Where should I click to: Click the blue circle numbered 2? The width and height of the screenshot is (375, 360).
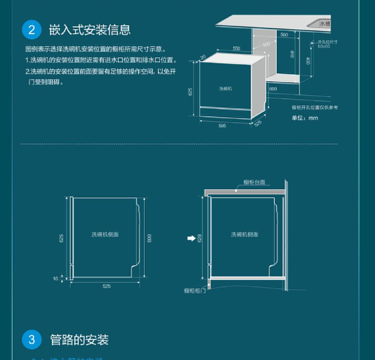(x=31, y=29)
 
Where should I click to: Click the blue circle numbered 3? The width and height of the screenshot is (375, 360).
(x=31, y=340)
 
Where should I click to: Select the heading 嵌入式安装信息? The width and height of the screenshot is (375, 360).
(x=89, y=29)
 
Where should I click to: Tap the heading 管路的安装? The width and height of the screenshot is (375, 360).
(x=79, y=340)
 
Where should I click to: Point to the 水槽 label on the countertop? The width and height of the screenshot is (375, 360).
(x=325, y=23)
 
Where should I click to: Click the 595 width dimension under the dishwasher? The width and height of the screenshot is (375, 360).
(x=222, y=125)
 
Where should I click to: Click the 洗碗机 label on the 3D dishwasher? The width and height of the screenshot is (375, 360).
(x=225, y=88)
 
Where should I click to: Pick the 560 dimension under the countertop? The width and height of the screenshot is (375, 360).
(x=284, y=34)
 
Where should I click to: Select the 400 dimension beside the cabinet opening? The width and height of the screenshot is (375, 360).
(x=308, y=60)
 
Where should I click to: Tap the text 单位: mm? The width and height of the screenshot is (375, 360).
(x=304, y=118)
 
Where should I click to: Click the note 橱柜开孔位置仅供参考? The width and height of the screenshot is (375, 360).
(x=315, y=107)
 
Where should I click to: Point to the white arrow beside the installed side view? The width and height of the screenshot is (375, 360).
(x=191, y=238)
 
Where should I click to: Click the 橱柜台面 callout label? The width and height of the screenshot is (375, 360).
(x=254, y=182)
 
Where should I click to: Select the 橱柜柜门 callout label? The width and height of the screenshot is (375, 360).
(x=194, y=290)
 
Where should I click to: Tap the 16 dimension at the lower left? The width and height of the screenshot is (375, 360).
(x=55, y=278)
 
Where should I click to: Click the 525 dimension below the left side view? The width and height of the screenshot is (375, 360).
(x=106, y=286)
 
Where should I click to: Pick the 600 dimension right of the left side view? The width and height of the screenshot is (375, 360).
(x=149, y=238)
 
